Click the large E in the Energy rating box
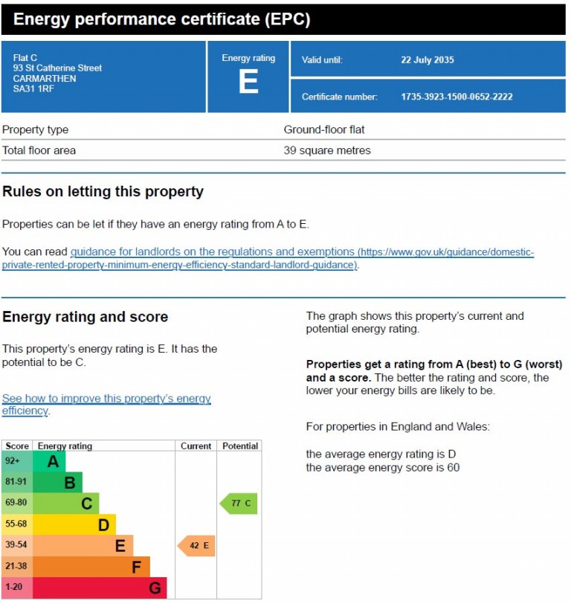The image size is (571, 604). [248, 81]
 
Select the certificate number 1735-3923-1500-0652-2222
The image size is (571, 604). [457, 97]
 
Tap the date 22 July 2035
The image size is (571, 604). [427, 60]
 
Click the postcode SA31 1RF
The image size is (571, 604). [33, 89]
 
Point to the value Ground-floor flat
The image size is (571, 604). [324, 129]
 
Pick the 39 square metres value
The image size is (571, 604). [327, 150]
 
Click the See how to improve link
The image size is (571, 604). [106, 399]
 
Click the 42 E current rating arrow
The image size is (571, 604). [197, 546]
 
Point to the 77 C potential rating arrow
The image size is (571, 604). [239, 504]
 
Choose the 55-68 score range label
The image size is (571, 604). [16, 524]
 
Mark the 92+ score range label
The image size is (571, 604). [13, 461]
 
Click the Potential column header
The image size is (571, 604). [239, 446]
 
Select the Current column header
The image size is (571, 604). [196, 446]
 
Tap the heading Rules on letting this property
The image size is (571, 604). [103, 191]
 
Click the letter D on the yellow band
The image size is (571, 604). [103, 525]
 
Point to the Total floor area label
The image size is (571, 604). [39, 150]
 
